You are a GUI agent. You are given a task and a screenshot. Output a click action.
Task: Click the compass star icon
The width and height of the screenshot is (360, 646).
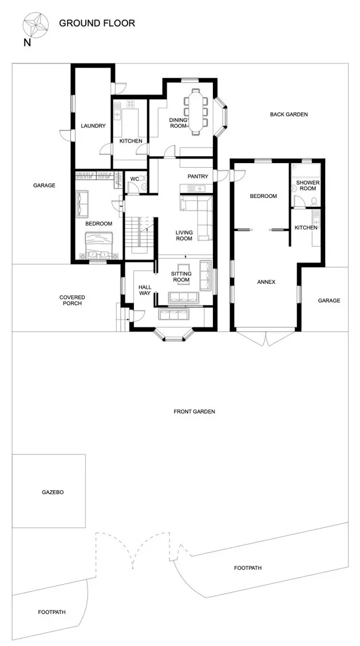tap(36, 24)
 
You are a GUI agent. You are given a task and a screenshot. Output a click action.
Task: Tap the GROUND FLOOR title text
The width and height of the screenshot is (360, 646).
tap(97, 23)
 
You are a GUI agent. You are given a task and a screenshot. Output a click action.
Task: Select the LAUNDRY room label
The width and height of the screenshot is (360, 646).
tap(93, 126)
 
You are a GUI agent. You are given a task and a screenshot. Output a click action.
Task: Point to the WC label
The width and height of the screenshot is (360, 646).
tap(134, 179)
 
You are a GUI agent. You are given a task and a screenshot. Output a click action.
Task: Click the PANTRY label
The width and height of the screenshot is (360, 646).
tap(198, 176)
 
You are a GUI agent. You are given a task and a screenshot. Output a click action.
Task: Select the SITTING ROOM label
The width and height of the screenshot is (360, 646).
tap(181, 277)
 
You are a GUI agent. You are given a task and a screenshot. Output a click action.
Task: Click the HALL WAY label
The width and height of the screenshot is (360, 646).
tap(145, 290)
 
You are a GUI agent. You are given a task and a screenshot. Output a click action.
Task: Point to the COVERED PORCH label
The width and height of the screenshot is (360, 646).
tap(72, 300)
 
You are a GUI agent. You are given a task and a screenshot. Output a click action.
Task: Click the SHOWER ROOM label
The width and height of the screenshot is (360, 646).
tap(306, 185)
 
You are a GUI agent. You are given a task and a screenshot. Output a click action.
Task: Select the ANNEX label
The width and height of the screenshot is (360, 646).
tap(266, 282)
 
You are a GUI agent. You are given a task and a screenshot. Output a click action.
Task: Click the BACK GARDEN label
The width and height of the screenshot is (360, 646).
tap(288, 114)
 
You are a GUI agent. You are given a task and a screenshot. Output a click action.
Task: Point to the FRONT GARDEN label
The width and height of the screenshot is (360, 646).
tap(195, 411)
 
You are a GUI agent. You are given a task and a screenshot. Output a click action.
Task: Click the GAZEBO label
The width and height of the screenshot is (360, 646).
tap(53, 492)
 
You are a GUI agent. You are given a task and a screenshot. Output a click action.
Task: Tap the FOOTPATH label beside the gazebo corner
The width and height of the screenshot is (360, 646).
tap(52, 612)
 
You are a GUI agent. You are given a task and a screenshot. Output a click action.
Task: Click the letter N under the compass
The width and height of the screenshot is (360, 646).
tap(27, 42)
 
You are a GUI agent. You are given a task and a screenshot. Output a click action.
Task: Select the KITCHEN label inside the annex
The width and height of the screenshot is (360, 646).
tap(306, 228)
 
